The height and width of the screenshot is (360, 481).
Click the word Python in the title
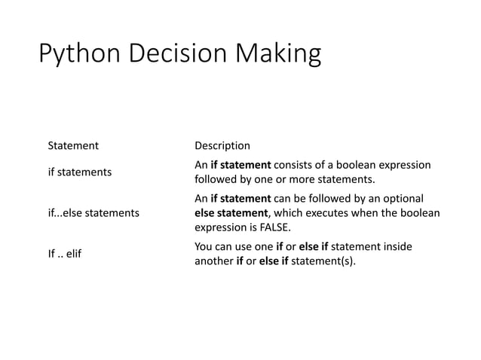[x=80, y=56]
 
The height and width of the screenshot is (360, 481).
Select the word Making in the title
[x=279, y=56]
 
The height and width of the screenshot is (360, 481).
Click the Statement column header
[x=73, y=145]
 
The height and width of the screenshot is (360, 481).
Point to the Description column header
[x=222, y=145]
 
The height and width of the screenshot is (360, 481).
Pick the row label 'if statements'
[x=80, y=172]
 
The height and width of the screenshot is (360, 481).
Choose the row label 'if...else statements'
[x=93, y=213]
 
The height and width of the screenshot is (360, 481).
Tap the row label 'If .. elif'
[x=64, y=254]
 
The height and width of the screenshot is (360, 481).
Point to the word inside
[x=397, y=247]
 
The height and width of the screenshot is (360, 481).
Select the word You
[x=204, y=247]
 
